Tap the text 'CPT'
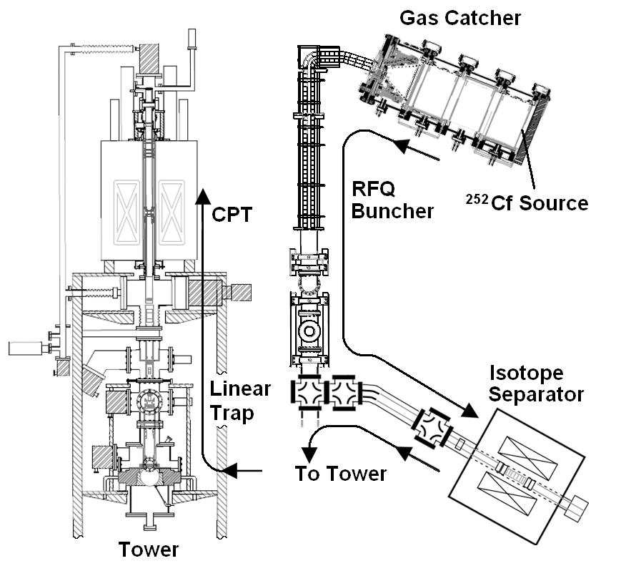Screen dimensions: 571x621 point(232,214)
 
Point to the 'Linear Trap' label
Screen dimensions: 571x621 point(240,401)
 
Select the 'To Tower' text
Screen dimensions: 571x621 point(341,473)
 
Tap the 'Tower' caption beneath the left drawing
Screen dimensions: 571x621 point(148,550)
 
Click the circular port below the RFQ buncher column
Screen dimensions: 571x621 point(310,332)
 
